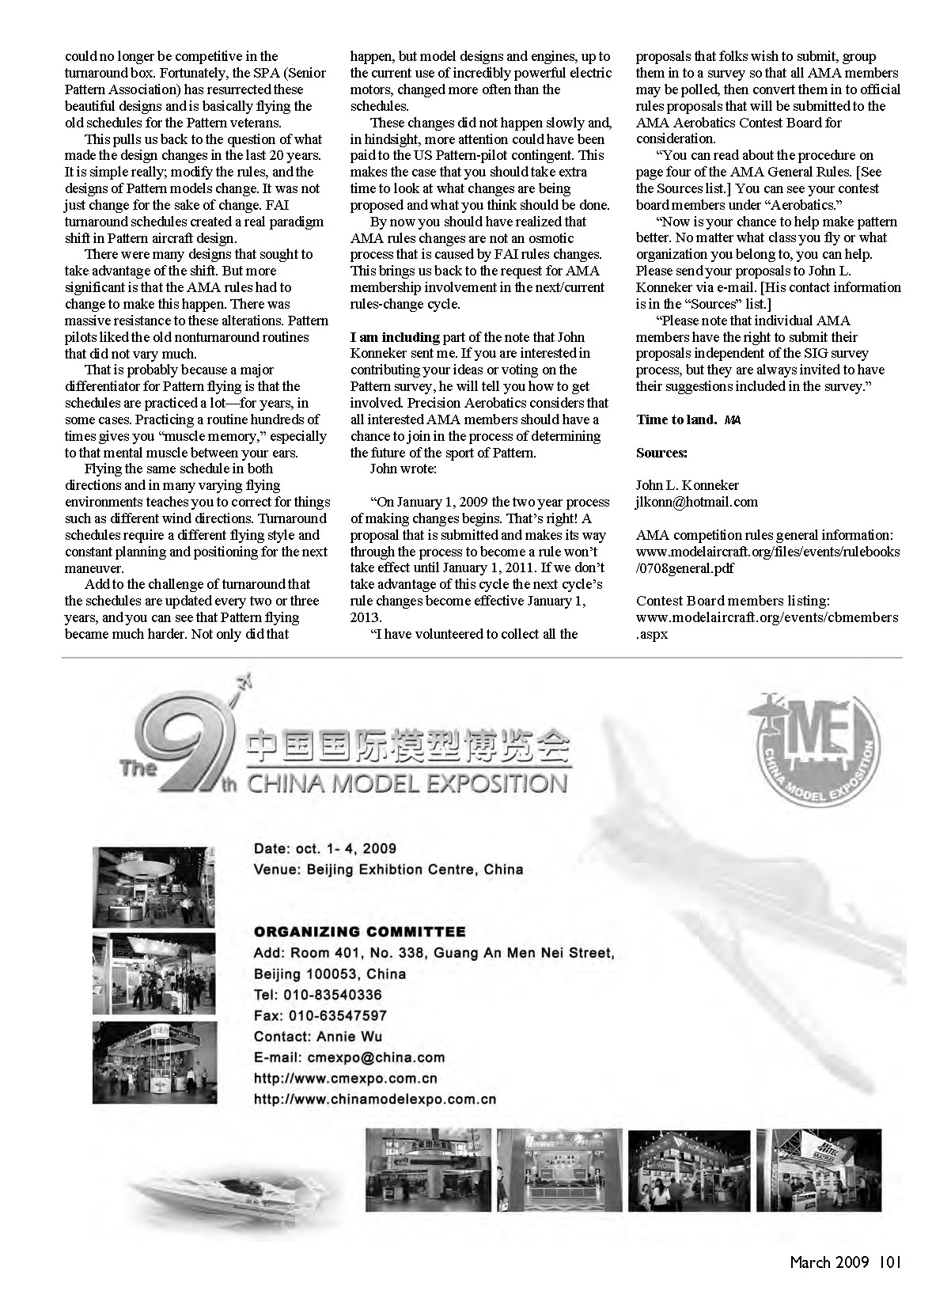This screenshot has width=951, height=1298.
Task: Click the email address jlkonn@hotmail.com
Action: click(x=697, y=502)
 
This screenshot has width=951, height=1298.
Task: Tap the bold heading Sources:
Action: click(x=661, y=453)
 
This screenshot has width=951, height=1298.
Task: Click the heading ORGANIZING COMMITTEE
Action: click(x=359, y=932)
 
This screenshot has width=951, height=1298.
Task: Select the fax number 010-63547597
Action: click(x=339, y=1015)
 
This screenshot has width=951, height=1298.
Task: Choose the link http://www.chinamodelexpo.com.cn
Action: click(x=374, y=1099)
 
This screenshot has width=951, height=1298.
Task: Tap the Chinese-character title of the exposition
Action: click(x=407, y=747)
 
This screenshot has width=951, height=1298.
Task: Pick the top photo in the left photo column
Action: click(x=153, y=886)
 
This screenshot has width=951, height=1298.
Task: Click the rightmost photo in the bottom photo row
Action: click(x=818, y=1170)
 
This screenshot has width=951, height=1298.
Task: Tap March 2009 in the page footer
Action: click(x=829, y=1262)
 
